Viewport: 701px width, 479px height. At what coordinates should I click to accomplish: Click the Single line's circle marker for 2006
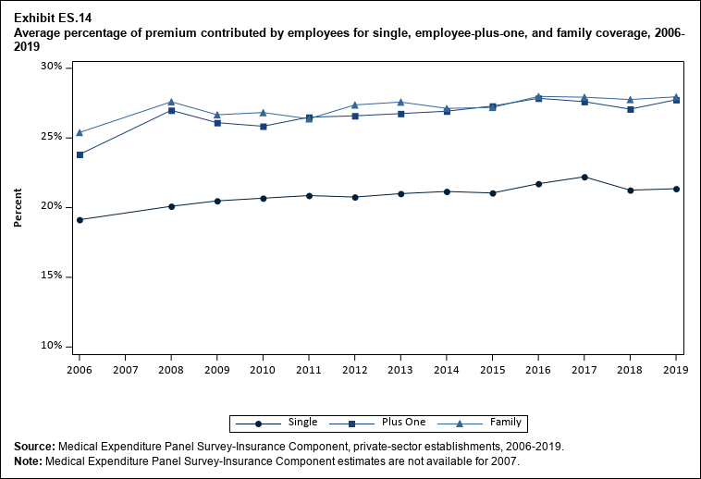click(80, 220)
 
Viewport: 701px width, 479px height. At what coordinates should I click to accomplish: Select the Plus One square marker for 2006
click(80, 154)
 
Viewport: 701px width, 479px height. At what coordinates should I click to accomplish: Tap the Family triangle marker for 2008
click(171, 102)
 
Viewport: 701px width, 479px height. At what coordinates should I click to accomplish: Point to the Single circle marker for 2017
click(584, 177)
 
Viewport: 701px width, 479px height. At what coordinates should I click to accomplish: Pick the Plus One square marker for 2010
click(264, 126)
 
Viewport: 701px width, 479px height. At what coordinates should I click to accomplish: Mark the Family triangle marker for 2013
click(400, 102)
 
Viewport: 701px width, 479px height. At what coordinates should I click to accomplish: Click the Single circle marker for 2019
click(676, 189)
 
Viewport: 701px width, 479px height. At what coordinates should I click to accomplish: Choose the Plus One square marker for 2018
click(631, 109)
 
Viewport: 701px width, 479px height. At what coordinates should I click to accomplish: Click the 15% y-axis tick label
click(50, 276)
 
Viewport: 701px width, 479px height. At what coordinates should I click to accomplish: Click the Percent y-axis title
click(18, 207)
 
